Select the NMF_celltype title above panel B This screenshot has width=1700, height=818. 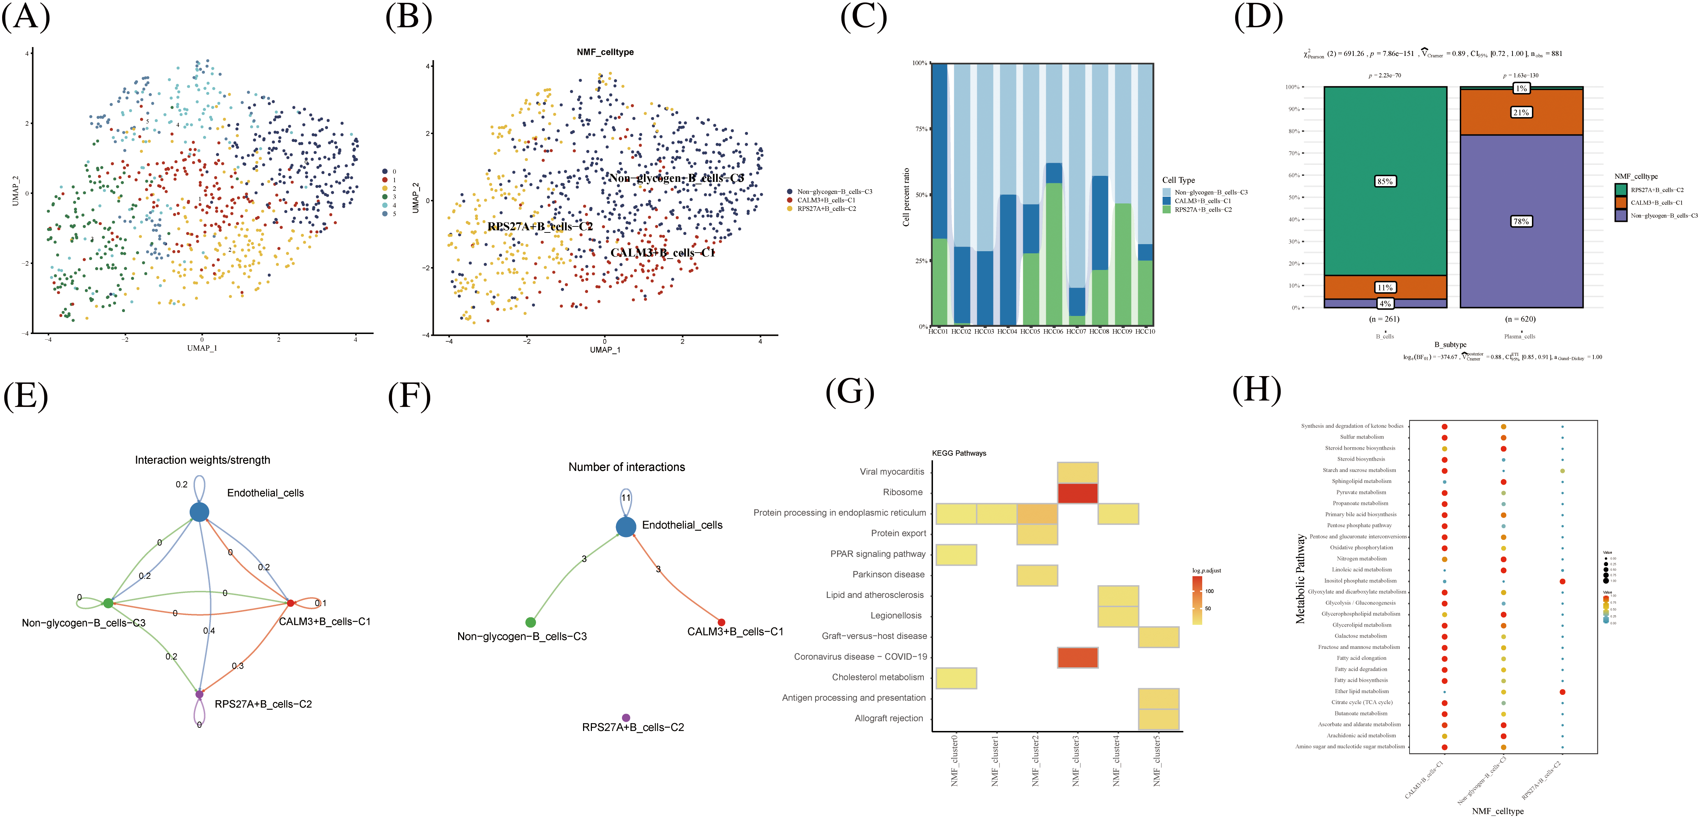(x=605, y=52)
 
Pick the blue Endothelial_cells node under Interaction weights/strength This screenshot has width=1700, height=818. (x=199, y=512)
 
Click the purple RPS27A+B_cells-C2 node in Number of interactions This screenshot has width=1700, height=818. (x=626, y=718)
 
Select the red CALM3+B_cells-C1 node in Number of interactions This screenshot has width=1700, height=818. (x=721, y=623)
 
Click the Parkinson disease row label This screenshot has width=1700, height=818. (x=888, y=574)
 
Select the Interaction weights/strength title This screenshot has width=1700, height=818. (x=203, y=460)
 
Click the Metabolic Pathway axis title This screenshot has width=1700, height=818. (x=1300, y=579)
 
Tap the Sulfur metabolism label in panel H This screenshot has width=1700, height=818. (x=1361, y=437)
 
